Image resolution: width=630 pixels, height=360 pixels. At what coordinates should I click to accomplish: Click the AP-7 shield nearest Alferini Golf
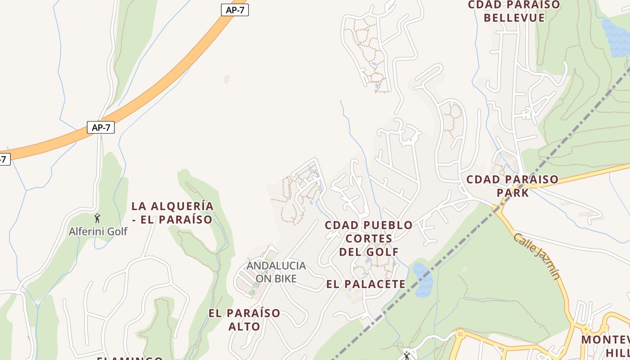[101, 127]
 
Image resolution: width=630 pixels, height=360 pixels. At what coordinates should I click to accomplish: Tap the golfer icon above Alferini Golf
[97, 218]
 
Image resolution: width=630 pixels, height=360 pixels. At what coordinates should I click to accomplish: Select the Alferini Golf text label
[98, 231]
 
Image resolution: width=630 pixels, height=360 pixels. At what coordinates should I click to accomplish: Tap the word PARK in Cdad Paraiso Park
[513, 193]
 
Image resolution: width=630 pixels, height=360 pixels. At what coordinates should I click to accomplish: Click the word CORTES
[369, 238]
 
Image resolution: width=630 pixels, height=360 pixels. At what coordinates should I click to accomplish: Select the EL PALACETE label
[366, 284]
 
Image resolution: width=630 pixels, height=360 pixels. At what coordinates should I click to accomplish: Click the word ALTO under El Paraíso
[244, 326]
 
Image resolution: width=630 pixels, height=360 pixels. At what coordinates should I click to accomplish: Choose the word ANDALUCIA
[276, 265]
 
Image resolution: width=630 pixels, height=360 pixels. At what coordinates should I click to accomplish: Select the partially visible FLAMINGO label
[130, 358]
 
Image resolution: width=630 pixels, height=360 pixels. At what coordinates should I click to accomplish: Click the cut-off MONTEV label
[605, 339]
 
